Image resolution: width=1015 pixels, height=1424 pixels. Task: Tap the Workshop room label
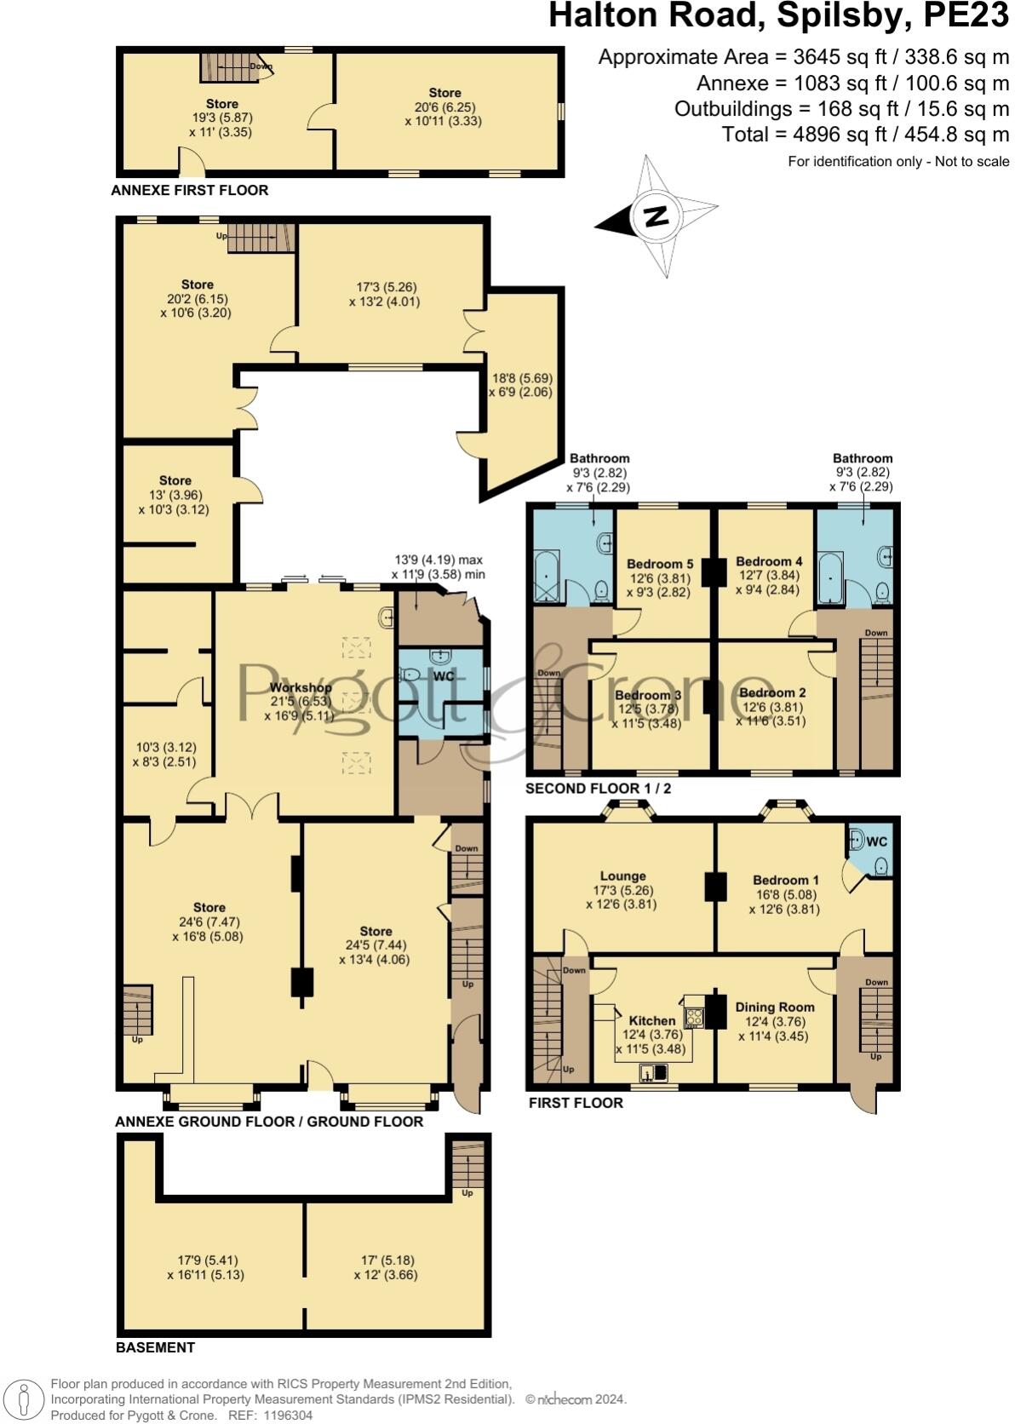click(300, 687)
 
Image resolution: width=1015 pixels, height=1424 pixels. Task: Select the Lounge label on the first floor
click(622, 876)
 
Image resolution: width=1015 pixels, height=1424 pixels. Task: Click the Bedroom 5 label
click(660, 564)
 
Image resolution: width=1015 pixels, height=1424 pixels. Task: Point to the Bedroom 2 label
click(772, 692)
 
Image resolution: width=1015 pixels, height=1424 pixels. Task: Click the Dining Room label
click(774, 1007)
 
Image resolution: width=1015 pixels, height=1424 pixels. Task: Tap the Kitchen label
click(651, 1020)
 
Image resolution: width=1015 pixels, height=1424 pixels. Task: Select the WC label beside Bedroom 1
click(876, 841)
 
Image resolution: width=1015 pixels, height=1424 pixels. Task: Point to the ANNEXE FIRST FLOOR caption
click(189, 190)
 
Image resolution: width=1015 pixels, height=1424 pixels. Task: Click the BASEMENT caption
click(155, 1347)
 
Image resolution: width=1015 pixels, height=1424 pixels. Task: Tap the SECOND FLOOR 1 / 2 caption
click(598, 789)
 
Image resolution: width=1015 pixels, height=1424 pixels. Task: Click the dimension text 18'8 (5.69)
click(520, 378)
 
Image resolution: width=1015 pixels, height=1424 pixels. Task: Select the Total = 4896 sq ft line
click(865, 135)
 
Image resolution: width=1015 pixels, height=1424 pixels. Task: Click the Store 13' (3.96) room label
click(175, 480)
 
